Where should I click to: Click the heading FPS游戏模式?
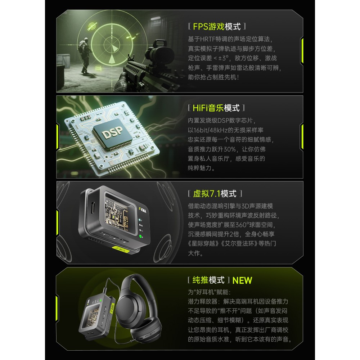217,26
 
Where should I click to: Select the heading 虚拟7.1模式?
215,194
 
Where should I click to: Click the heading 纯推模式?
208,280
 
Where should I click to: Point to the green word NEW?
242,280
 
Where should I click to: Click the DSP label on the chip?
112,132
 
